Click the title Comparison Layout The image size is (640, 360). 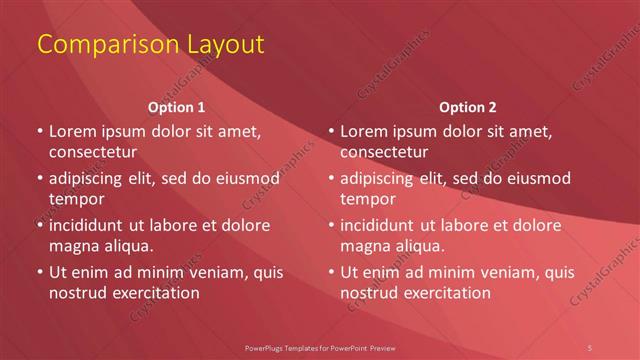pos(150,45)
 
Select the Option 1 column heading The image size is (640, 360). pos(176,107)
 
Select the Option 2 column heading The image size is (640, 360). pos(467,107)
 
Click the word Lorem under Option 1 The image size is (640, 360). pos(74,130)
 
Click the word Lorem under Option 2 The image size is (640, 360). pos(366,130)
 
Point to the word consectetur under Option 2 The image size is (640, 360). pos(384,152)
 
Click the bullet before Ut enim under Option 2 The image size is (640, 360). pos(331,272)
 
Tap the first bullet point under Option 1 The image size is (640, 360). pos(39,130)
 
